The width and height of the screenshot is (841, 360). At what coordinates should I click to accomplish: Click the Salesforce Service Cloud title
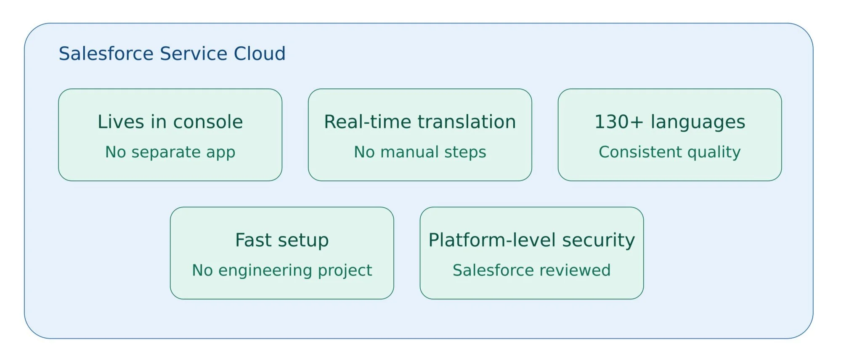172,53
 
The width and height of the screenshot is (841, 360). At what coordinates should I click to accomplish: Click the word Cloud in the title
260,53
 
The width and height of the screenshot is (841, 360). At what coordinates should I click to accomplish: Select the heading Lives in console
170,122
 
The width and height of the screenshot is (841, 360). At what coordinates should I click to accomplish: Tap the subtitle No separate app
170,152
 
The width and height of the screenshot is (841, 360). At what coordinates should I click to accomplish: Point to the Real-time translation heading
420,122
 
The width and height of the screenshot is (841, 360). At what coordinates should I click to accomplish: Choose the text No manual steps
420,152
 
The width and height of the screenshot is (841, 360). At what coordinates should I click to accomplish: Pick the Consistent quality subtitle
670,152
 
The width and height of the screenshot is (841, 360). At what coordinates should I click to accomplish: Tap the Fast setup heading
282,241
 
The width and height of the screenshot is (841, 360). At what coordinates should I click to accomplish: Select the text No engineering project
282,270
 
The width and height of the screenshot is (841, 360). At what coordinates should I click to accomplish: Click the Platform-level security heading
532,241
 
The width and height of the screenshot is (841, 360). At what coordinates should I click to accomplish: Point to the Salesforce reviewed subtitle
532,270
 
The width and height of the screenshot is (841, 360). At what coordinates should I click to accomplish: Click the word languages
698,122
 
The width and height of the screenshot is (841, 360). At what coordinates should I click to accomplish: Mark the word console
208,122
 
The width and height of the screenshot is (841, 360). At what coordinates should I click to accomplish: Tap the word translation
467,122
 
